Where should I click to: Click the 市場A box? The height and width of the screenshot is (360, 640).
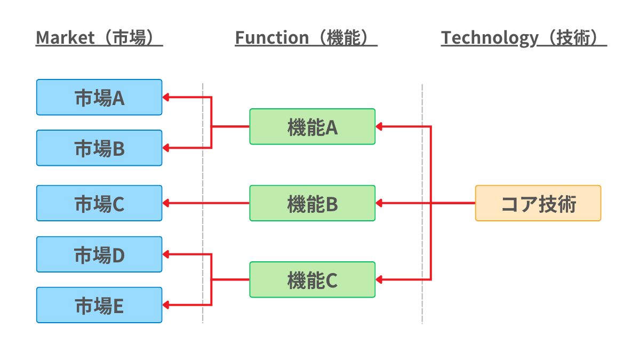[99, 97]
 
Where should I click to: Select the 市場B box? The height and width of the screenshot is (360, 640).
[99, 148]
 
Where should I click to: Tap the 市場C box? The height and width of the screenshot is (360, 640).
[99, 203]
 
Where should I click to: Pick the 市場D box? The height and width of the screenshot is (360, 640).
[99, 254]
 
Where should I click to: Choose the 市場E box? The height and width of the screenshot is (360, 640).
[99, 305]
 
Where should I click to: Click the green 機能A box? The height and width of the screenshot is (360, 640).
[312, 126]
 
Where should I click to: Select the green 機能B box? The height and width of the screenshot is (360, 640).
[312, 203]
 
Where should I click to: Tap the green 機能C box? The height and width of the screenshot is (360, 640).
[312, 279]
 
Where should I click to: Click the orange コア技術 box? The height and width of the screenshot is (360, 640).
[538, 203]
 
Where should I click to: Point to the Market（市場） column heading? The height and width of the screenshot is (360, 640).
[99, 38]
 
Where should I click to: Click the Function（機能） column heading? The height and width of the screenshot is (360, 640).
[306, 38]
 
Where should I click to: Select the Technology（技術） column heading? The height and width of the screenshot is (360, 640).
[524, 38]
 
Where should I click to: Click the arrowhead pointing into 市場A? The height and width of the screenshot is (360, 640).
[166, 97]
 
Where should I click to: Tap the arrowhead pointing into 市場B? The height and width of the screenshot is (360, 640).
[166, 148]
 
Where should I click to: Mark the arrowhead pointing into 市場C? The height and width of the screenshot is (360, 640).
[166, 203]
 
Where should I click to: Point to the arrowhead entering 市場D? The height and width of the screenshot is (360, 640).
[166, 254]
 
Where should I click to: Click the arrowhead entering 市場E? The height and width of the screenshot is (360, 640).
[166, 305]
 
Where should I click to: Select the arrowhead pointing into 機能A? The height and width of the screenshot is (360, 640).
[379, 126]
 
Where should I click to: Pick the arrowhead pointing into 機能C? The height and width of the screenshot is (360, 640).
[379, 279]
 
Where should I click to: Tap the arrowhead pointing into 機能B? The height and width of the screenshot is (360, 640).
[379, 203]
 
